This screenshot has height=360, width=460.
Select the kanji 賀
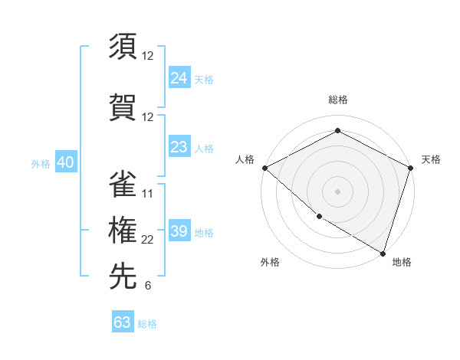[x=123, y=105]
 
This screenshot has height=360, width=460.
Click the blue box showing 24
[x=179, y=78]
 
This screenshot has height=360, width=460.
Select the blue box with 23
[x=179, y=147]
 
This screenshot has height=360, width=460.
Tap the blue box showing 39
[x=179, y=231]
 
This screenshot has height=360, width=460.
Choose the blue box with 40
[x=65, y=162]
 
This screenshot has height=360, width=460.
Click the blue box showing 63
[x=123, y=322]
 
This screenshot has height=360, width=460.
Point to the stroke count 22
[x=148, y=240]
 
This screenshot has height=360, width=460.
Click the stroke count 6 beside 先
[x=148, y=286]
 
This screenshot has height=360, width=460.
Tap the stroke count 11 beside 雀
[x=148, y=193]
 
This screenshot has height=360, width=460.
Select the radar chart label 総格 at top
[x=337, y=100]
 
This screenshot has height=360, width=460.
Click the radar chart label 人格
[x=245, y=159]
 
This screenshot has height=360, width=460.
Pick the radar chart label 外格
[x=270, y=262]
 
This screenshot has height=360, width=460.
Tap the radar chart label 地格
[x=402, y=262]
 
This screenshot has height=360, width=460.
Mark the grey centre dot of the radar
[x=337, y=191]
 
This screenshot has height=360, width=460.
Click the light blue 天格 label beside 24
[x=204, y=80]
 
